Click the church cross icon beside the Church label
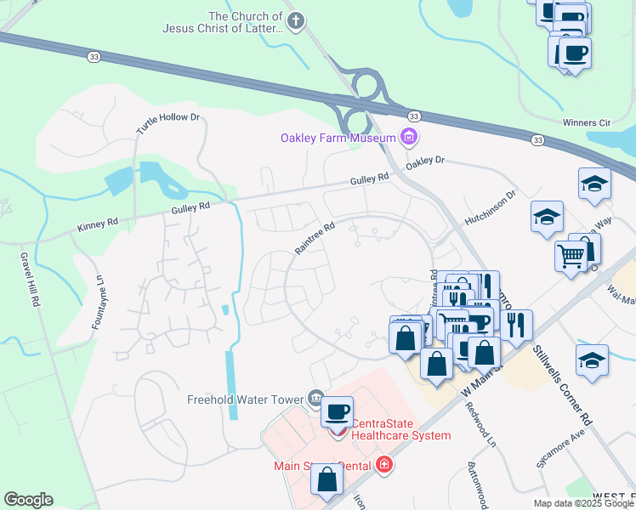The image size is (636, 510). pos(295,22)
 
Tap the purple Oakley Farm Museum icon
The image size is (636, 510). pos(409,137)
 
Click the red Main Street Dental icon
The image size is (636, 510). pos(384,465)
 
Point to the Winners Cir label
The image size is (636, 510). pos(587,122)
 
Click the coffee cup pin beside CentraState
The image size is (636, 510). pos(337,411)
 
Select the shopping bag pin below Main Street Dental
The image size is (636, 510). pos(327,480)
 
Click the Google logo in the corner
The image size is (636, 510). pos(28,500)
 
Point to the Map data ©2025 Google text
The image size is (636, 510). pos(582,503)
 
